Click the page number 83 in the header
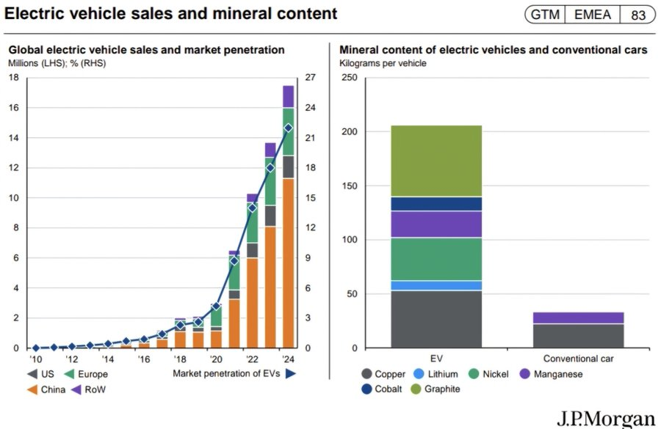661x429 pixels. [x=637, y=15]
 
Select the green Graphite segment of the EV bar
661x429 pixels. [x=436, y=161]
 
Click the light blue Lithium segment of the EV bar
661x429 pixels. [x=436, y=285]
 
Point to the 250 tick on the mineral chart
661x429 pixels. [x=350, y=78]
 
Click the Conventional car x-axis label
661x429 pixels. [x=578, y=359]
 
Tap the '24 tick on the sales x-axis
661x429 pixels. [x=288, y=360]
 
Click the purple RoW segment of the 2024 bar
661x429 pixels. [x=288, y=96]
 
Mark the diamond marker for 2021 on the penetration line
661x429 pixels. [x=234, y=260]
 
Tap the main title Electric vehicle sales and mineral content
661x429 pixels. [x=171, y=13]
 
